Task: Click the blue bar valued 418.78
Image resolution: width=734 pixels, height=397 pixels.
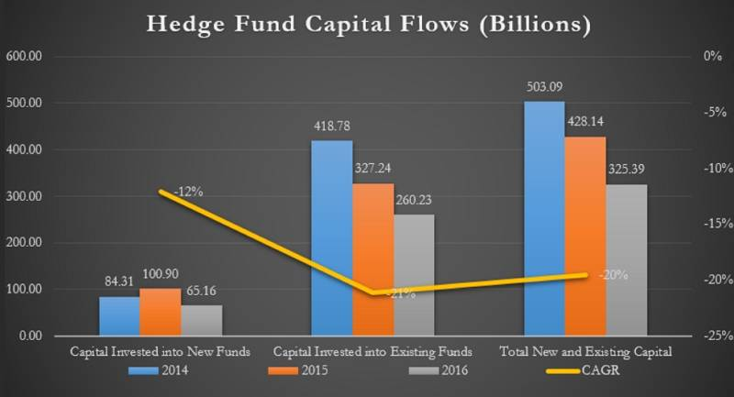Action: (332, 237)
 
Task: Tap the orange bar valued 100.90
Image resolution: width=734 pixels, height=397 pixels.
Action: (161, 312)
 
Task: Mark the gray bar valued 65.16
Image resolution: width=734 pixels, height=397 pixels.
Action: (202, 320)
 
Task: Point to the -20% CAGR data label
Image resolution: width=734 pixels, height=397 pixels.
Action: (613, 274)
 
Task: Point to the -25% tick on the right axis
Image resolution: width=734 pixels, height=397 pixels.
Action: (712, 336)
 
